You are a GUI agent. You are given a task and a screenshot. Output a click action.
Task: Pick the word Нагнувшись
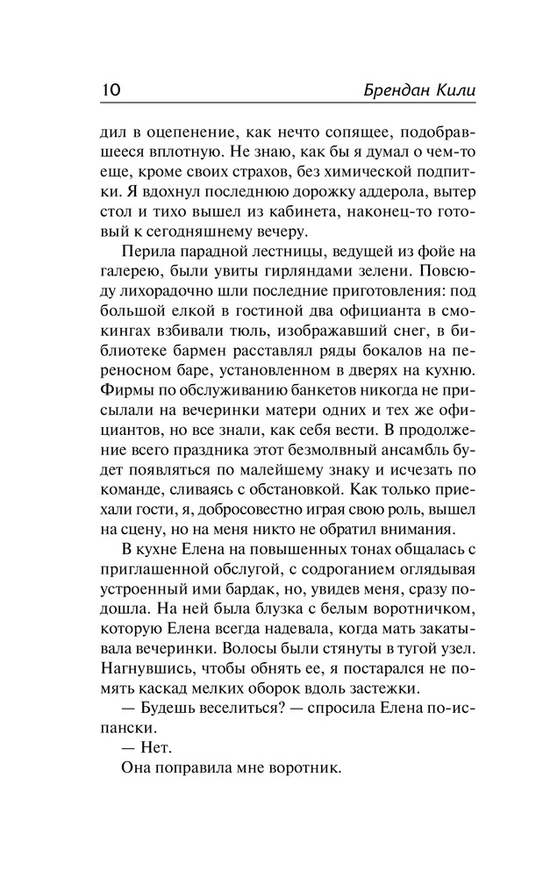[x=139, y=668]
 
